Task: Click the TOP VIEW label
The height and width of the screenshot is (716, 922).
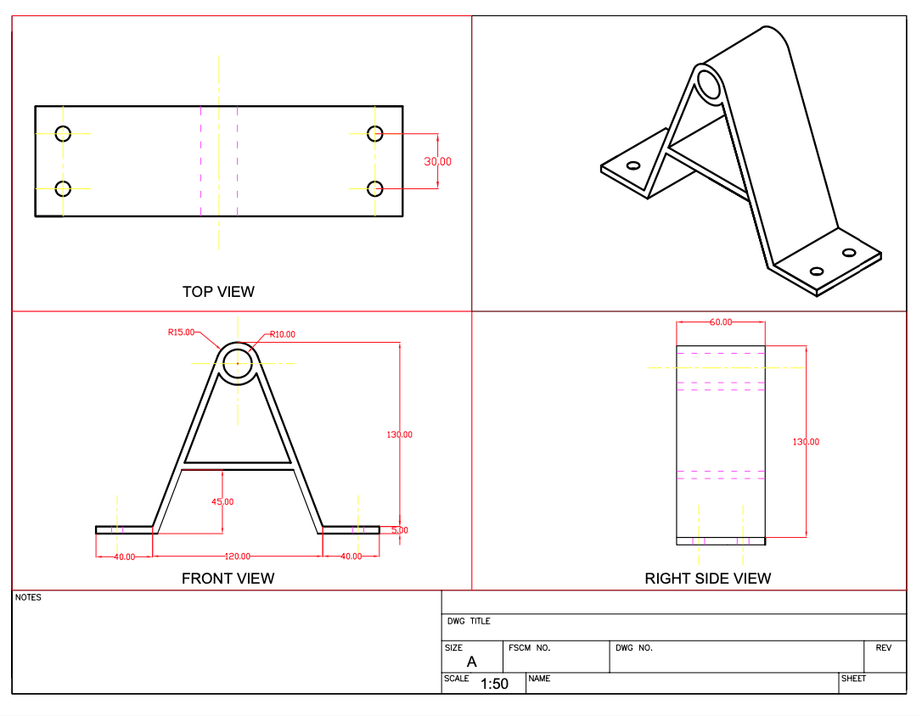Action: pyautogui.click(x=218, y=291)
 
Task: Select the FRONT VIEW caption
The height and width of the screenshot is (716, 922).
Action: pyautogui.click(x=228, y=579)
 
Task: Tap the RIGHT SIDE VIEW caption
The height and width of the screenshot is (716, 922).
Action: pyautogui.click(x=707, y=579)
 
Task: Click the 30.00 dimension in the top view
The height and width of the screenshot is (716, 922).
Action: pyautogui.click(x=437, y=161)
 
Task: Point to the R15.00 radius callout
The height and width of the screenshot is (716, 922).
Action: pyautogui.click(x=181, y=332)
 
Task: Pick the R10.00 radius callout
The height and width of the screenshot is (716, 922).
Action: pyautogui.click(x=282, y=334)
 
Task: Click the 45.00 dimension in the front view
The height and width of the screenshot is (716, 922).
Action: pyautogui.click(x=222, y=501)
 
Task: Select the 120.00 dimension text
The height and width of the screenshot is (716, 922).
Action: pyautogui.click(x=238, y=557)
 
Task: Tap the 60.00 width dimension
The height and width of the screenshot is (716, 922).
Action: pyautogui.click(x=720, y=322)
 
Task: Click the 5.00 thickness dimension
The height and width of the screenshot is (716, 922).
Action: pyautogui.click(x=400, y=530)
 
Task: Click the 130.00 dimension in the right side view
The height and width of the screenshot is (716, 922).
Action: pyautogui.click(x=806, y=442)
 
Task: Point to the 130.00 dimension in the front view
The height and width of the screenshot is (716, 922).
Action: pyautogui.click(x=399, y=434)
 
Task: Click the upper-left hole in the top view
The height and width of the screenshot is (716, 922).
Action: pyautogui.click(x=63, y=134)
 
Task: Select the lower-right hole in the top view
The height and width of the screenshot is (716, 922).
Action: pyautogui.click(x=375, y=188)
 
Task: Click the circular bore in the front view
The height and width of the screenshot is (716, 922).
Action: pyautogui.click(x=238, y=363)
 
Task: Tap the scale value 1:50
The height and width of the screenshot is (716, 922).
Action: pyautogui.click(x=494, y=684)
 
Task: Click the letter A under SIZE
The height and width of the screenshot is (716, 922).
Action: pyautogui.click(x=471, y=662)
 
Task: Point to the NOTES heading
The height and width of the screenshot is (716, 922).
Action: pyautogui.click(x=28, y=597)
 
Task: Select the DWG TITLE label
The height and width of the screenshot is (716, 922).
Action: pyautogui.click(x=469, y=621)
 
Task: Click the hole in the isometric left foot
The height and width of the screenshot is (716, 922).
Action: pyautogui.click(x=633, y=165)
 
